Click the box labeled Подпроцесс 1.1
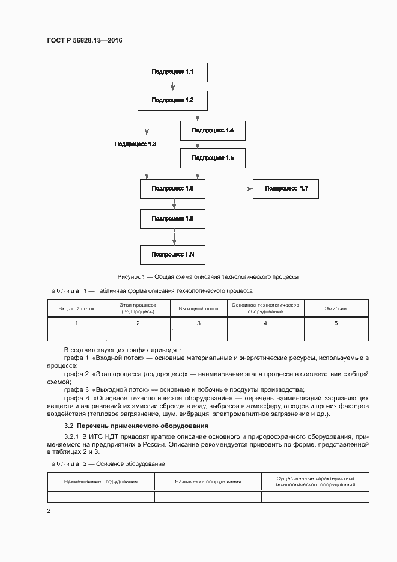(x=172, y=72)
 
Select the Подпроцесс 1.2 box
(x=172, y=100)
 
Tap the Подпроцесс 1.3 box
(x=135, y=144)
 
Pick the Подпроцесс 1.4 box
(x=213, y=130)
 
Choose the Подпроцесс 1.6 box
(x=172, y=189)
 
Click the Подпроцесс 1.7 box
(x=285, y=189)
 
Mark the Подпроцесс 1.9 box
(x=172, y=218)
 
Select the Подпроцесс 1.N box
(x=172, y=255)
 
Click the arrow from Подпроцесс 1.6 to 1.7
(x=229, y=189)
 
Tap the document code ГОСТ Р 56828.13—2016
(x=85, y=40)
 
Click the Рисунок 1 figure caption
(x=208, y=277)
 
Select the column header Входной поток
(x=76, y=308)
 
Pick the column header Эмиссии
(x=336, y=308)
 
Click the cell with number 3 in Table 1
(x=198, y=323)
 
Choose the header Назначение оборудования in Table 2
(x=208, y=481)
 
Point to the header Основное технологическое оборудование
(x=265, y=308)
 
